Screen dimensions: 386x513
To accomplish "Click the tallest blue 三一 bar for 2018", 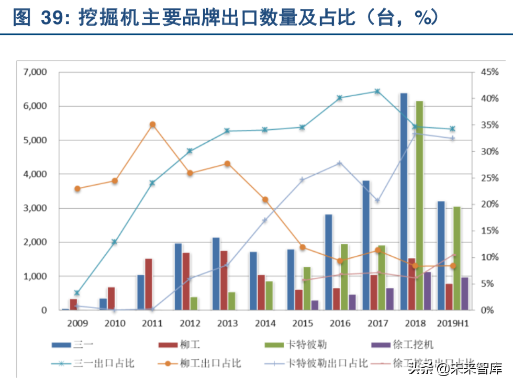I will [404, 201].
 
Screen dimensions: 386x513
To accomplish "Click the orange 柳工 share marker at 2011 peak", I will [153, 124].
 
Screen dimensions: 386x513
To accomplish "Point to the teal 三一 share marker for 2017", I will [377, 92].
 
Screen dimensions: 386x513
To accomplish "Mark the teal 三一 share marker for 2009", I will [77, 293].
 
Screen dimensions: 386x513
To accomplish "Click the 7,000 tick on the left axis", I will [35, 72].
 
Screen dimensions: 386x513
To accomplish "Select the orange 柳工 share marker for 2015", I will [302, 247].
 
